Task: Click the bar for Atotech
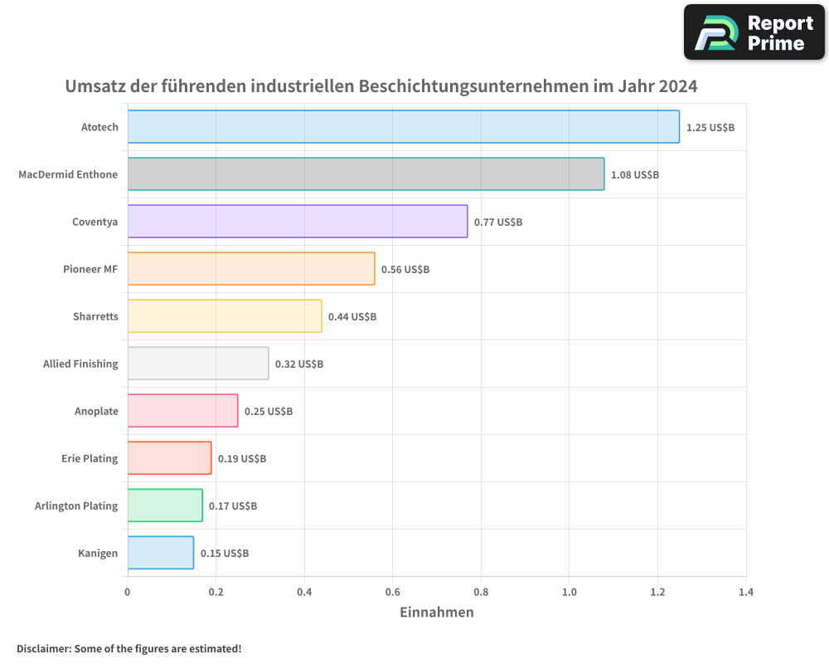pos(403,127)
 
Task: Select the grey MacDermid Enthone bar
pos(366,174)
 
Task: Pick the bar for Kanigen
pos(160,553)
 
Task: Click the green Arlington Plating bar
pos(164,505)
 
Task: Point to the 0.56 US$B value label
pos(405,270)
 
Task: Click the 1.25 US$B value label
pos(710,128)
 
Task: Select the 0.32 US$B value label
pos(299,364)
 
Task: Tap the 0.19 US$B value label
pos(242,459)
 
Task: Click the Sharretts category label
pos(95,316)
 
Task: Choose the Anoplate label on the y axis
pos(96,411)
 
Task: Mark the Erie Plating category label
pos(90,458)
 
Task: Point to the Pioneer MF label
pos(90,269)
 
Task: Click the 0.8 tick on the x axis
pos(481,593)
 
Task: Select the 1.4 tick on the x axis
pos(746,593)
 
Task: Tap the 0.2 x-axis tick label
pos(216,593)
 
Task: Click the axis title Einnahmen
pos(437,613)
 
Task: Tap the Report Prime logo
pos(754,32)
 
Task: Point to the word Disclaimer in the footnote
pos(42,649)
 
